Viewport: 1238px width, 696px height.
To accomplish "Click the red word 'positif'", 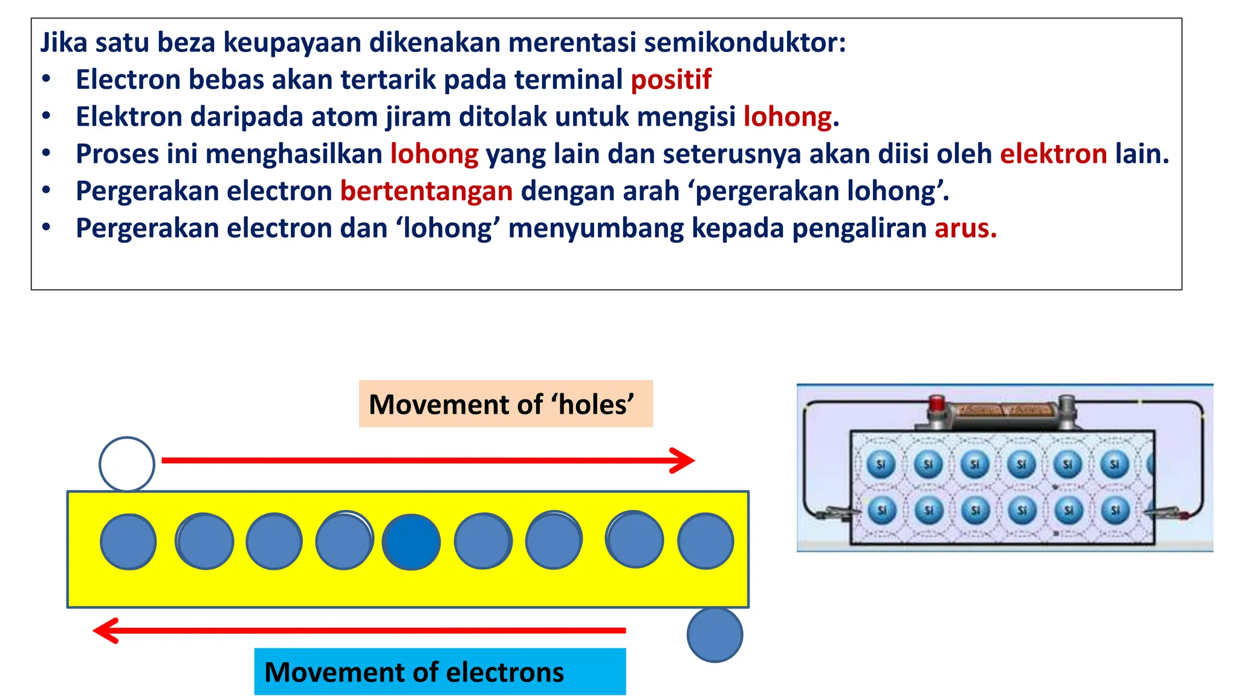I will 671,80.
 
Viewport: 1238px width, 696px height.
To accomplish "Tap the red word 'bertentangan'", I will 426,191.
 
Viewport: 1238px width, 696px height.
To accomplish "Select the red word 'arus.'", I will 965,228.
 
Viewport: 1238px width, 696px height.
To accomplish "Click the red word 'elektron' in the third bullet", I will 1053,154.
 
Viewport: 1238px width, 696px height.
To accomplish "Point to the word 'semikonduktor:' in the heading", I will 745,42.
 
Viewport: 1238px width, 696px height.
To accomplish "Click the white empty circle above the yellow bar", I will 127,464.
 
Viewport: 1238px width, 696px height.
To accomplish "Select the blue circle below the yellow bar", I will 715,634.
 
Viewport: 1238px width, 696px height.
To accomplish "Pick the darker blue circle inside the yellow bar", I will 411,542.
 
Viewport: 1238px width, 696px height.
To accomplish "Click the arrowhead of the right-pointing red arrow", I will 684,460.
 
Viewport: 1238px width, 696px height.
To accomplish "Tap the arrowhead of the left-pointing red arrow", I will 105,630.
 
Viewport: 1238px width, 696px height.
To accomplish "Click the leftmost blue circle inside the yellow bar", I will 128,542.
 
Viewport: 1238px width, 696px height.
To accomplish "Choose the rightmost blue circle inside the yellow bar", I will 705,541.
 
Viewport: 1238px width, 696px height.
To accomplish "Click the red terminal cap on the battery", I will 936,403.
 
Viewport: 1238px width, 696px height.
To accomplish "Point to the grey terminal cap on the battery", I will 1067,403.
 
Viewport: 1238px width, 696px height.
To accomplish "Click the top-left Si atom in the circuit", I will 881,464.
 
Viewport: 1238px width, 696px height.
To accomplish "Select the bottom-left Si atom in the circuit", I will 881,511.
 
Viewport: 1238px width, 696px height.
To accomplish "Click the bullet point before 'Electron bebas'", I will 47,80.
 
